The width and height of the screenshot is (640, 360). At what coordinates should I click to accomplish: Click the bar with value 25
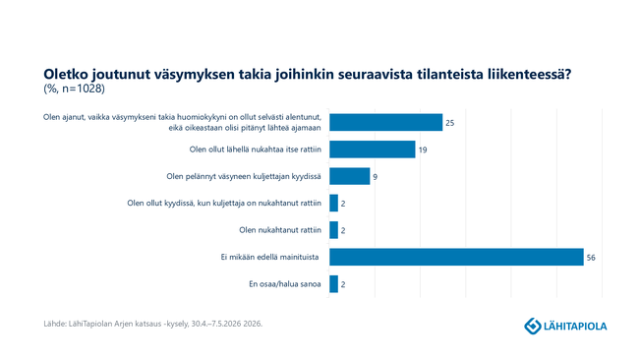(x=385, y=122)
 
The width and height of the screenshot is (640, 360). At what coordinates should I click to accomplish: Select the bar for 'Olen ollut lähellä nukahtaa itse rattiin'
(x=373, y=150)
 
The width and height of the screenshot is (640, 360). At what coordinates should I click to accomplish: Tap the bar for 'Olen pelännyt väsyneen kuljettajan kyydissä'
(x=350, y=176)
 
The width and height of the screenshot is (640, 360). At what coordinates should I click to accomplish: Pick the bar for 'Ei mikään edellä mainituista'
(x=457, y=257)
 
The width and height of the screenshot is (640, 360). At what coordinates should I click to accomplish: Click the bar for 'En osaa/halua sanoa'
(x=334, y=284)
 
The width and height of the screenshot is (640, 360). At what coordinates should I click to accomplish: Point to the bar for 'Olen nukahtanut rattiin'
(x=334, y=230)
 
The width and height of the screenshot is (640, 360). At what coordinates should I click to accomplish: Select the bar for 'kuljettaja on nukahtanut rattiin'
(x=334, y=204)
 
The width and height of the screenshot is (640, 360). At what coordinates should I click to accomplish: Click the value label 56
(x=591, y=258)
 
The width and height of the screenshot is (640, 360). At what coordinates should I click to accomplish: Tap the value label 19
(x=423, y=150)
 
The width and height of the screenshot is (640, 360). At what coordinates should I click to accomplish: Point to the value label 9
(x=376, y=177)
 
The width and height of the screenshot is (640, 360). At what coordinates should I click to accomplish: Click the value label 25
(x=450, y=123)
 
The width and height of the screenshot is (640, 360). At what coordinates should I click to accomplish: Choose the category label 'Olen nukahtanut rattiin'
(x=280, y=230)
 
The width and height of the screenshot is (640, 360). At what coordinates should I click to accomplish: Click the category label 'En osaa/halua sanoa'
(x=285, y=284)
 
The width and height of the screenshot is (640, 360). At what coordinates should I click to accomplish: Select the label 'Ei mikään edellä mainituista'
(x=269, y=257)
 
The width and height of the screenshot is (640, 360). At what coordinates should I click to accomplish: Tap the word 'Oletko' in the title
(x=65, y=75)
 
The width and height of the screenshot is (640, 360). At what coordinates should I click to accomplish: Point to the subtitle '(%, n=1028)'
(x=75, y=89)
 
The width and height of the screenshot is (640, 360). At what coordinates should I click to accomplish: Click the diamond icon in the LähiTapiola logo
(x=533, y=327)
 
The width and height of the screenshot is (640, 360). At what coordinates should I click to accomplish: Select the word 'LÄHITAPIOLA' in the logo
(x=575, y=327)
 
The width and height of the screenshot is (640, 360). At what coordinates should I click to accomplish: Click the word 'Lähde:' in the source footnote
(x=55, y=324)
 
